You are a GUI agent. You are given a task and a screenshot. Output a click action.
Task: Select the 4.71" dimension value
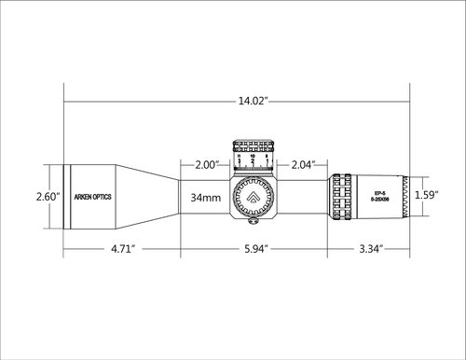click(121, 250)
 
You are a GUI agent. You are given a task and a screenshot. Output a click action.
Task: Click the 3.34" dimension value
click(369, 250)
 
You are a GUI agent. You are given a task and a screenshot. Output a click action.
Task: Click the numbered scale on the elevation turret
click(254, 160)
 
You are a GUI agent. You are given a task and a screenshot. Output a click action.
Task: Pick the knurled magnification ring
click(338, 197)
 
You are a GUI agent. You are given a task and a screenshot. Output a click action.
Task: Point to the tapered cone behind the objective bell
click(149, 197)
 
